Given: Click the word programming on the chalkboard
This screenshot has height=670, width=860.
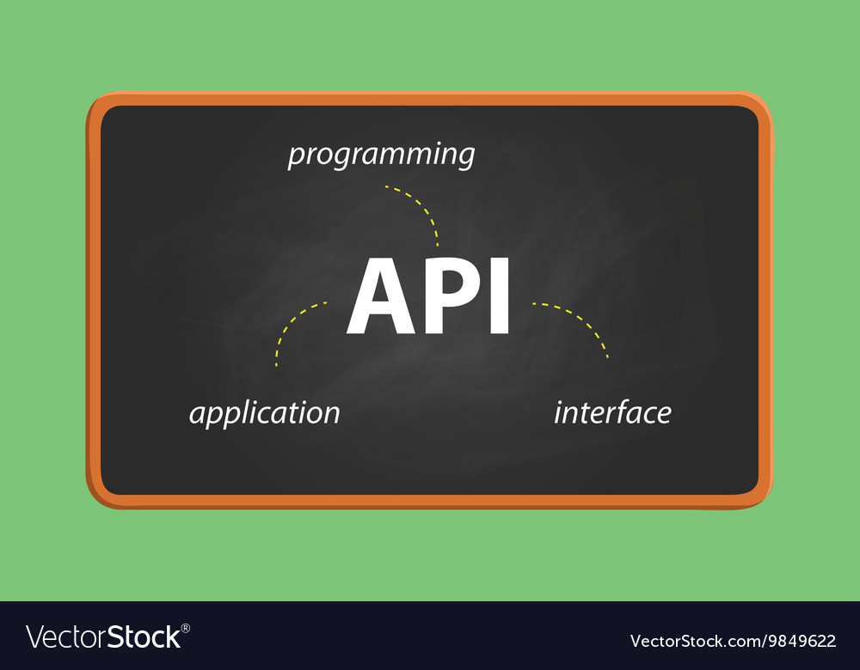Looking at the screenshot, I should point(381,155).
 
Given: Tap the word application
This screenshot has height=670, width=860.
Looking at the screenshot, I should point(264,413).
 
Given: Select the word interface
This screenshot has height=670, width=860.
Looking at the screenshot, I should point(611,413).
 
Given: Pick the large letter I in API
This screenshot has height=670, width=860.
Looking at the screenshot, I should point(500,296).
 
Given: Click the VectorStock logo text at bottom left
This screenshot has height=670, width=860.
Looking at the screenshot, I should point(103,637).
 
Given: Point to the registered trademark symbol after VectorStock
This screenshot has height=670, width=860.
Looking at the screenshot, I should point(186,629).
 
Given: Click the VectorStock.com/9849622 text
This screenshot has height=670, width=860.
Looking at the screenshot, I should point(732,641).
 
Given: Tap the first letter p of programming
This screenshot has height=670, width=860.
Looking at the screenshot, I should point(295,157).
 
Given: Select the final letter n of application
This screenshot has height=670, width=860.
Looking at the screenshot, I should point(331,415).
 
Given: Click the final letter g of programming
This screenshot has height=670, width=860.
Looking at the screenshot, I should point(464,159).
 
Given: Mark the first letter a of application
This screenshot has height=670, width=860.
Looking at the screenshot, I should point(197,415).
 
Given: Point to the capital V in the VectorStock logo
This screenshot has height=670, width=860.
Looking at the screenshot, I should point(35,637).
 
